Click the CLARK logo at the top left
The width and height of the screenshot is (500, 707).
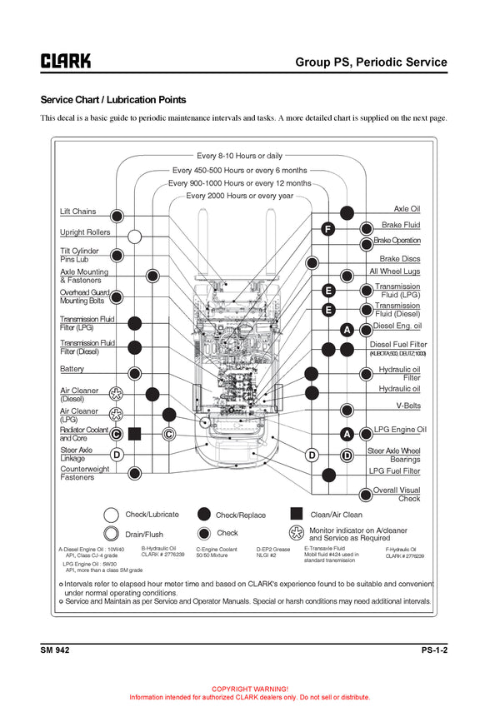[66, 61]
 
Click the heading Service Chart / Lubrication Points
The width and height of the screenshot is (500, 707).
[113, 100]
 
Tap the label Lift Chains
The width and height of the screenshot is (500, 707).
[77, 212]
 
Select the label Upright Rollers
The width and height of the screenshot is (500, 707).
[84, 232]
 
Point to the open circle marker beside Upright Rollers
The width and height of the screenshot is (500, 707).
[134, 236]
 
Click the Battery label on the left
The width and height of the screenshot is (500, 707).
[72, 369]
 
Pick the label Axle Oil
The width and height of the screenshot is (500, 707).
[407, 209]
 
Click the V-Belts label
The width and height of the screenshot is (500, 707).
[408, 406]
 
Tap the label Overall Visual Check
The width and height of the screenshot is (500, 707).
[397, 495]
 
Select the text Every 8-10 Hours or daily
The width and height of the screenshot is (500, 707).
[239, 156]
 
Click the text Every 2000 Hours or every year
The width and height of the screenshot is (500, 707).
[239, 196]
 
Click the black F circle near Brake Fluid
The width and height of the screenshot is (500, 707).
[328, 229]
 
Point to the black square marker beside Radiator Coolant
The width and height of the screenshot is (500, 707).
[135, 433]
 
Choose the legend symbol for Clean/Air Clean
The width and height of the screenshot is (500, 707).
[296, 514]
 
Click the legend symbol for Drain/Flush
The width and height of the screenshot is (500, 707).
[111, 534]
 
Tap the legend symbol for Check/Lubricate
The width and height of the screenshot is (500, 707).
[111, 515]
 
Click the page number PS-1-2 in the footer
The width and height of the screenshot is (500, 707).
[434, 650]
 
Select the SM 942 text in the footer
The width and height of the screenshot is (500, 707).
[55, 650]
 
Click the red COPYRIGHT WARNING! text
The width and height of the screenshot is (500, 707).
[250, 690]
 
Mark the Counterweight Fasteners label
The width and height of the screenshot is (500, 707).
[84, 473]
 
